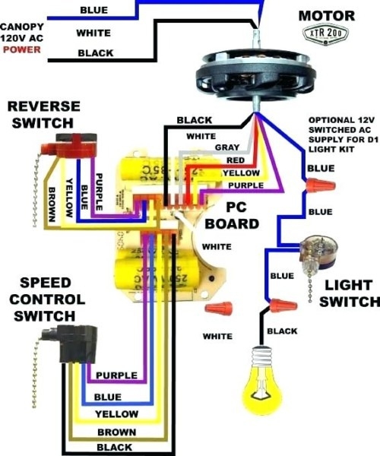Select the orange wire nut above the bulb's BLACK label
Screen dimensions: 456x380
(x=283, y=306)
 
